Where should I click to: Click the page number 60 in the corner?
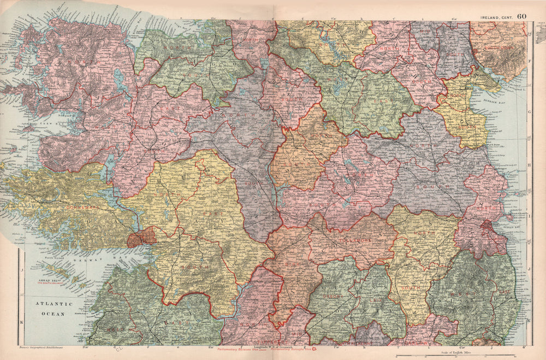click(522, 16)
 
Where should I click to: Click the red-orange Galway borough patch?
click(141, 238)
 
